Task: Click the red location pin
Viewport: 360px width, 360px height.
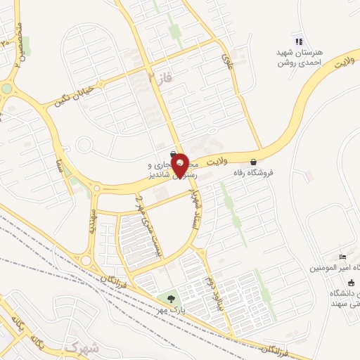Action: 180,165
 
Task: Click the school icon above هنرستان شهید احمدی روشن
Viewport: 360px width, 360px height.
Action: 298,41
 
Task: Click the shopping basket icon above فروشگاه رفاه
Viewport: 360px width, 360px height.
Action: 253,161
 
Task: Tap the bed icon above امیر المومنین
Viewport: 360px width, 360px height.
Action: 342,258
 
